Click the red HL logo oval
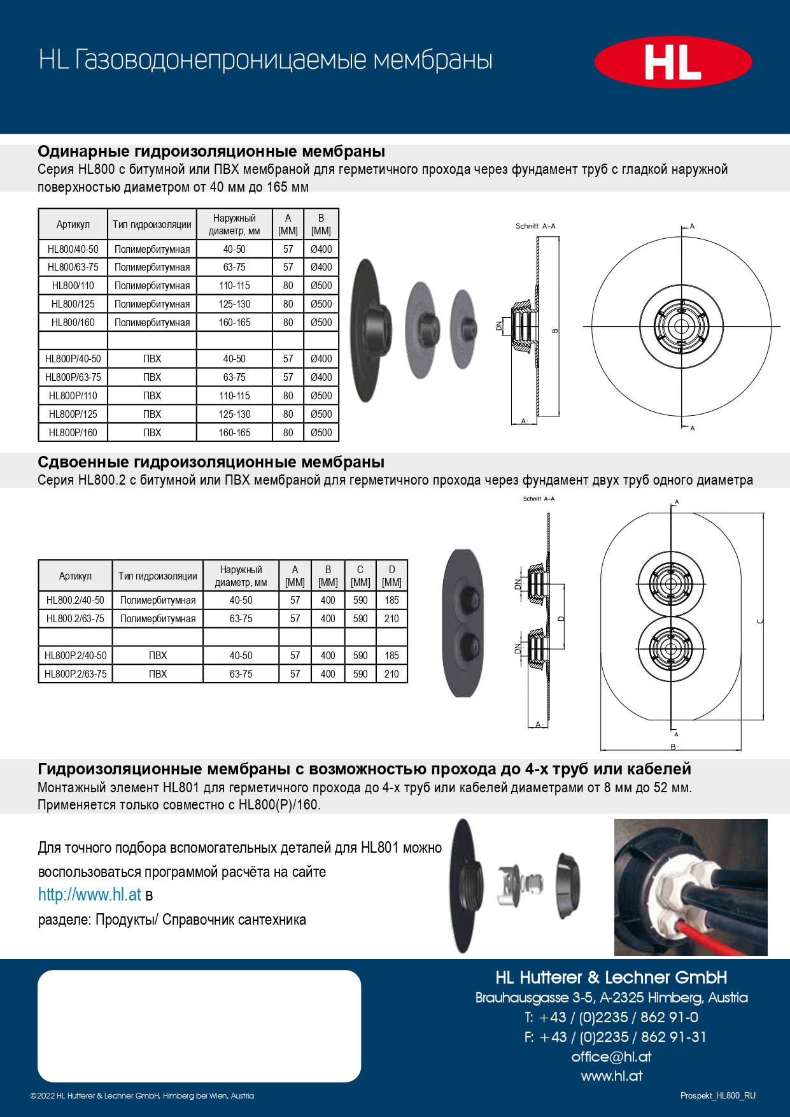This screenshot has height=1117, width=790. coord(673,62)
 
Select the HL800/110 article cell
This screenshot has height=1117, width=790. coord(73,285)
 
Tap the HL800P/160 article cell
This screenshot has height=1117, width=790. coord(73,432)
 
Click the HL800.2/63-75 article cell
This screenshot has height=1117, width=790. coord(75,618)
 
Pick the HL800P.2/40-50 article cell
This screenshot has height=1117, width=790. coord(75,655)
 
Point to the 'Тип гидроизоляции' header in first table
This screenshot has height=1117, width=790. coord(152,224)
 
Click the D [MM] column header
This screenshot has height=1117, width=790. coord(391,576)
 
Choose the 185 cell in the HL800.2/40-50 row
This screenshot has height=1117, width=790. coord(391,600)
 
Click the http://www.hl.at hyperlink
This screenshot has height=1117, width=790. coord(89,895)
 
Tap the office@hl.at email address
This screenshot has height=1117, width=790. coord(611,1057)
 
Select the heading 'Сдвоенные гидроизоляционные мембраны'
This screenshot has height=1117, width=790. coord(211,462)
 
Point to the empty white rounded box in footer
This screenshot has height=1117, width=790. coord(199,1025)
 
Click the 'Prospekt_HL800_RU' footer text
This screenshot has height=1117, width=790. coord(717,1095)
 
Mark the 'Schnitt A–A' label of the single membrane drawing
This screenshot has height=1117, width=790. coord(535,226)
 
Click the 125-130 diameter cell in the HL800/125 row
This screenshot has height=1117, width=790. coord(234,304)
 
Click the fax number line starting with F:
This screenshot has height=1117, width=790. coord(615,1037)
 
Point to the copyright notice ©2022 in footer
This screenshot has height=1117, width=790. coord(142,1095)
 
